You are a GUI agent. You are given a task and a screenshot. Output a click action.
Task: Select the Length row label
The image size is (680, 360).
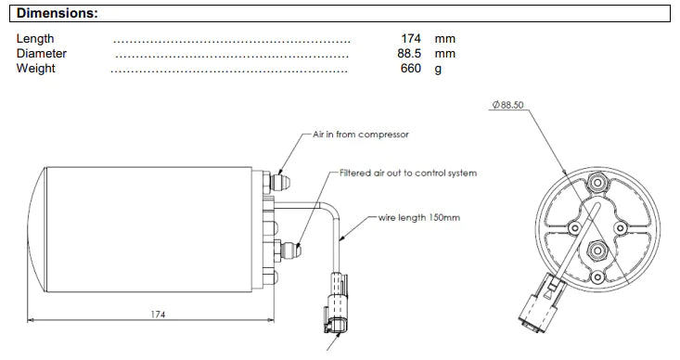coord(35,39)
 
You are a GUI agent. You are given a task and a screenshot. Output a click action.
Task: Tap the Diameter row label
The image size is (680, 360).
coord(42,54)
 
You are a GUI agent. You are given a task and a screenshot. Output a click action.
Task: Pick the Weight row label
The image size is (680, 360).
coord(36,69)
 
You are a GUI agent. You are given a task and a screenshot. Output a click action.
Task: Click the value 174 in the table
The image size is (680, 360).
coord(411,39)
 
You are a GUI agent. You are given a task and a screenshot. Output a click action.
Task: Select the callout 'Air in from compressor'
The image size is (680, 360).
coord(360,135)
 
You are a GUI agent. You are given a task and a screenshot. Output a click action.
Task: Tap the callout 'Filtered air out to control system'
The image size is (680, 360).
coord(407,173)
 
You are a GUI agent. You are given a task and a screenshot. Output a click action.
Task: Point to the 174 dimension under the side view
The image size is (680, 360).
coord(159,315)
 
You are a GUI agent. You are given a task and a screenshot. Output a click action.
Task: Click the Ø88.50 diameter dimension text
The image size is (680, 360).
coord(507,106)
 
